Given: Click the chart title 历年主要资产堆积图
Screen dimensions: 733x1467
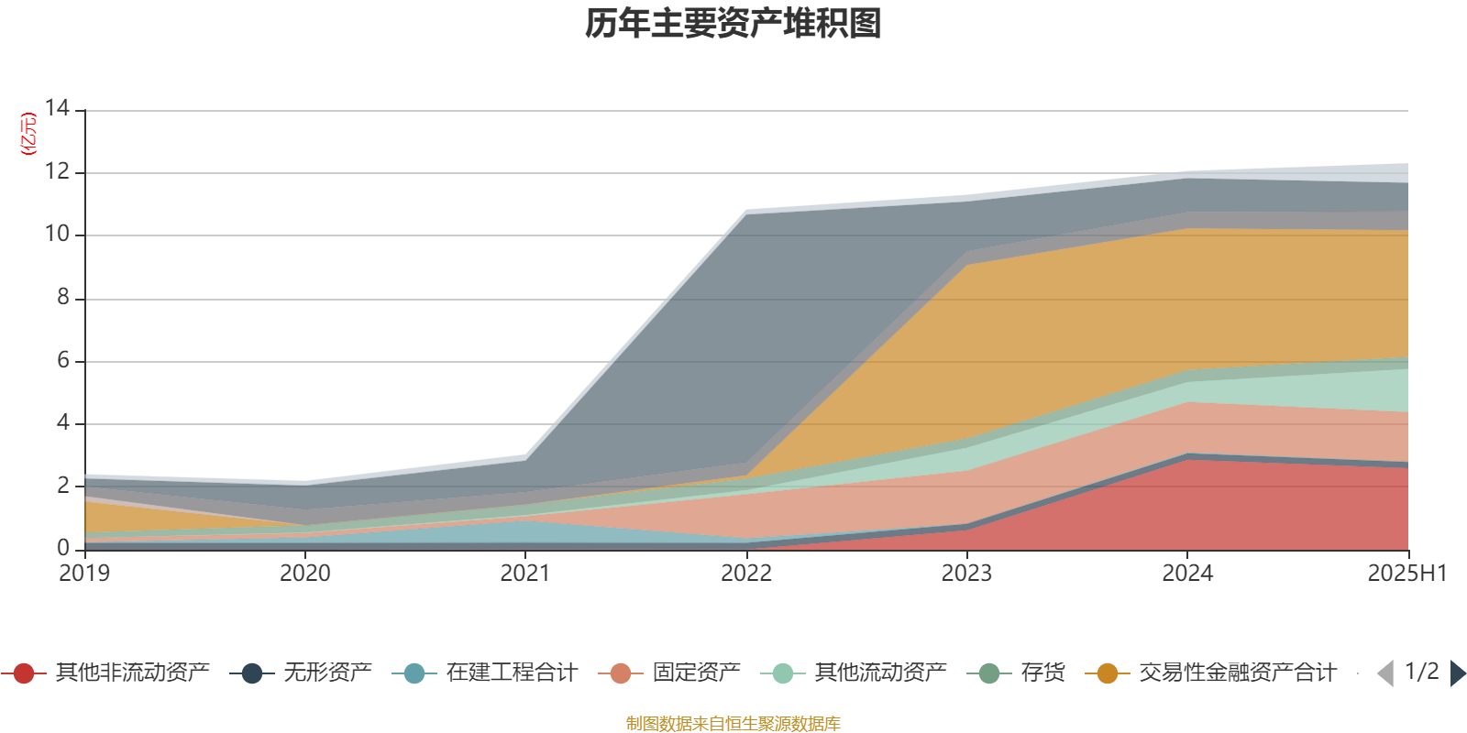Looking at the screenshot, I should tap(733, 24).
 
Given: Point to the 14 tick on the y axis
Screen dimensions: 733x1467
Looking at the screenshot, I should tap(57, 108).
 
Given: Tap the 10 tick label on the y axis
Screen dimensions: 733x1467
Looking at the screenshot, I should tap(57, 234).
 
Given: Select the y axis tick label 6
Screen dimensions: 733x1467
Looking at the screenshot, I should tap(62, 360).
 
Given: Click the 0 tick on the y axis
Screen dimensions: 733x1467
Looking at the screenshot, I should tap(62, 548).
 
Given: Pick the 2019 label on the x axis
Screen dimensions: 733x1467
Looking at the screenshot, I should tap(84, 574).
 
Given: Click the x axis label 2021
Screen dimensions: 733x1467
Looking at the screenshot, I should tap(524, 574).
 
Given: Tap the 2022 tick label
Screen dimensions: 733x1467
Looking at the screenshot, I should tap(745, 574).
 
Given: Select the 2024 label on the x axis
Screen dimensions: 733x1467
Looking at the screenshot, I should tap(1187, 574).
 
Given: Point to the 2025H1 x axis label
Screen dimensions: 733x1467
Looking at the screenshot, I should tap(1406, 574).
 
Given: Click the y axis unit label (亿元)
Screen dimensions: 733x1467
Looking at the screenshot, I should tap(28, 134).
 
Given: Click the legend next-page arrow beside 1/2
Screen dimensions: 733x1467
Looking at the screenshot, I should tap(1458, 673).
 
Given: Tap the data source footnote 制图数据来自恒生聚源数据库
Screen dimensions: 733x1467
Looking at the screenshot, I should tap(733, 724).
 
